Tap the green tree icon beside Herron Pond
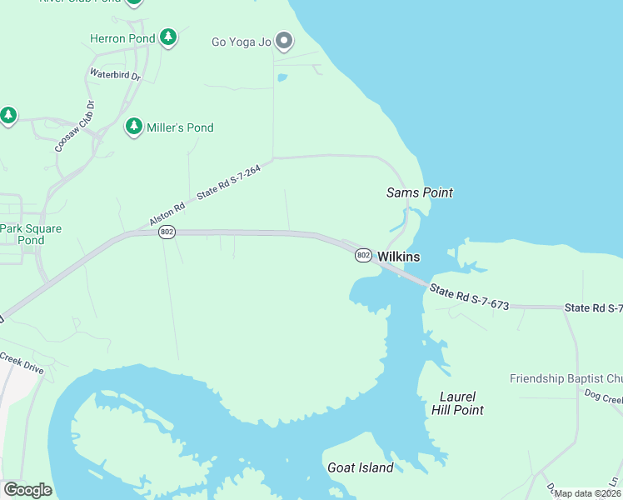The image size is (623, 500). point(168,37)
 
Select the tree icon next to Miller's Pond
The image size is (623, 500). point(133,127)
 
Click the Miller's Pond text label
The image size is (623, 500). point(181,127)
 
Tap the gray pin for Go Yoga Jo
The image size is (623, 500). point(283,40)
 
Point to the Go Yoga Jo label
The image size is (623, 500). point(242,42)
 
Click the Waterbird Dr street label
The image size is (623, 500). point(115,74)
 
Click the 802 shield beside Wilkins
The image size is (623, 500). point(362,255)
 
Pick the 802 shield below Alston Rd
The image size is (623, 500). point(167,232)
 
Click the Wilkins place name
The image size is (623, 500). point(399,257)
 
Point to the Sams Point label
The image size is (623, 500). point(420,192)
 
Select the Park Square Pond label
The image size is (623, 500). point(31,234)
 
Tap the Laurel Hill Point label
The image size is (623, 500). point(457,403)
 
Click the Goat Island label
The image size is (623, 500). point(360,467)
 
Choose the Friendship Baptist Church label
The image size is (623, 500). point(566,378)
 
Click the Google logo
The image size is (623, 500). point(27,490)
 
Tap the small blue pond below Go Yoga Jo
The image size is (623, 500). point(282,78)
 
